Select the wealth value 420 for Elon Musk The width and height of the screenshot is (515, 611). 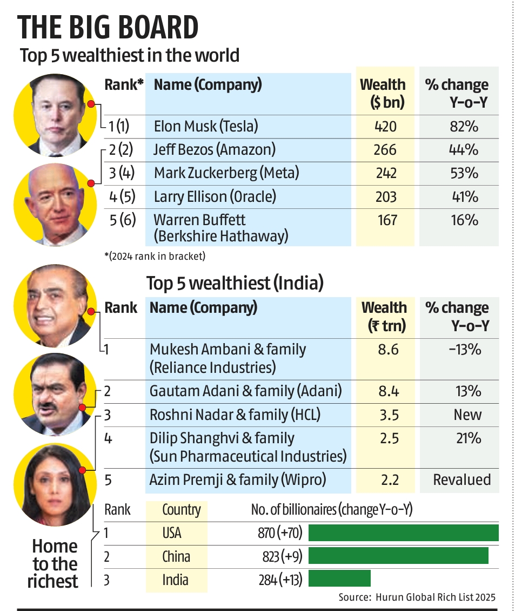[385, 127]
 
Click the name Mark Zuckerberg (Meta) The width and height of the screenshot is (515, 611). [226, 173]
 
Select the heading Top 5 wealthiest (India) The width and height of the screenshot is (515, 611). [236, 283]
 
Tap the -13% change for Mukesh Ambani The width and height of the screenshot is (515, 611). [465, 350]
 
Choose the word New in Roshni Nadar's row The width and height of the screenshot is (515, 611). [467, 415]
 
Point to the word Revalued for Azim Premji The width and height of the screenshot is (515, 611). [462, 479]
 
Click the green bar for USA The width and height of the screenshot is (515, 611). [403, 533]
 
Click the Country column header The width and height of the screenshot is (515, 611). [182, 509]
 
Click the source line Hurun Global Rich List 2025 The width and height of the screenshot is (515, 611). [417, 597]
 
